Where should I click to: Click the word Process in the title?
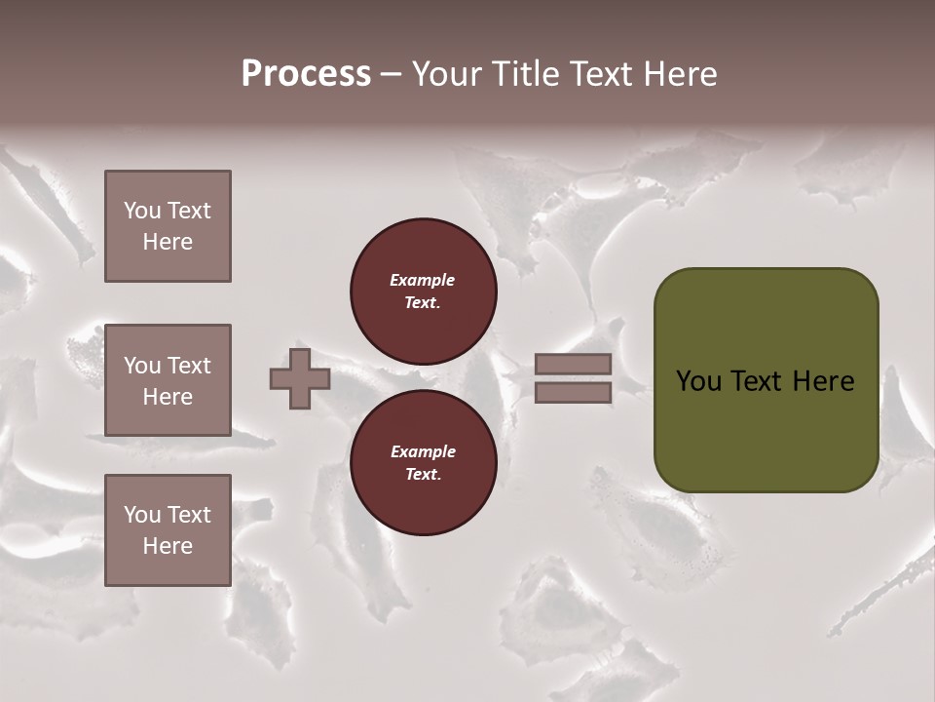306,74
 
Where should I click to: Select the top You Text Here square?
168,226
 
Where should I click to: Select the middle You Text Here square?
168,380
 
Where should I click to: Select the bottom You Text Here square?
168,530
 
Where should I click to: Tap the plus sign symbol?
300,378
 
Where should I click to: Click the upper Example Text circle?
423,291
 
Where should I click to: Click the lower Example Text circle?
423,463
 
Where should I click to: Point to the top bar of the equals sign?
573,364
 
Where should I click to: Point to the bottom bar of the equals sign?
573,392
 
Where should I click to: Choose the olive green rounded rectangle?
766,429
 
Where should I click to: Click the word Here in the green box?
823,381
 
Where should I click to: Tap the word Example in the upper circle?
422,280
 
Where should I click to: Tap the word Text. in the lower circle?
423,475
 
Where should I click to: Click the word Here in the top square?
168,242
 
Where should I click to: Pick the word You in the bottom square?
142,515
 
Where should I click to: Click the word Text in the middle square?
189,366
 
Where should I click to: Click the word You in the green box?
698,381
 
